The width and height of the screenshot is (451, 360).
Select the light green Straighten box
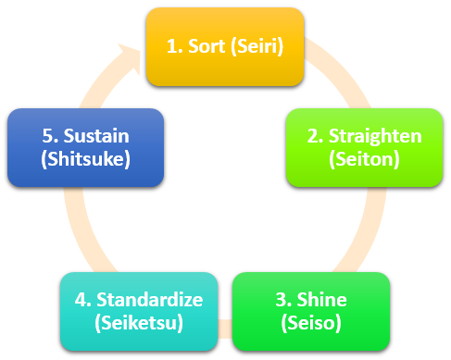pos(364,147)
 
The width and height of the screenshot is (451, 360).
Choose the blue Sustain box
pos(85,147)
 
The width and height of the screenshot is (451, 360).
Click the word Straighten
pos(376,137)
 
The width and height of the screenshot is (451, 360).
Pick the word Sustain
pos(96,137)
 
